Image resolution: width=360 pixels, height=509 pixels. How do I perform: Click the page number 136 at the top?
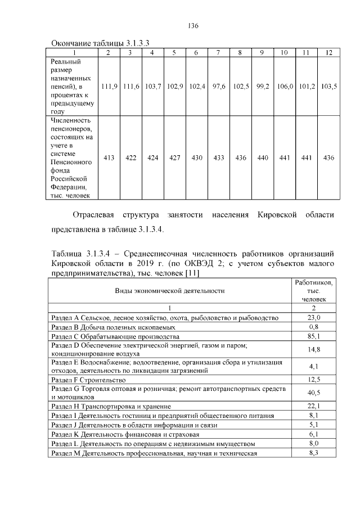(x=193, y=26)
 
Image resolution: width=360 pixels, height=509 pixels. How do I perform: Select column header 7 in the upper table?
(x=218, y=52)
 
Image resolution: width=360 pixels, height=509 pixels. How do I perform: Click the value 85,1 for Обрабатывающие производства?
(x=314, y=336)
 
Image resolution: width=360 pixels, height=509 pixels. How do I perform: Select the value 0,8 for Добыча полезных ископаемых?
(x=314, y=327)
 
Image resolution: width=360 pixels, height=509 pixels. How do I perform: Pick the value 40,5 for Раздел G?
(x=314, y=393)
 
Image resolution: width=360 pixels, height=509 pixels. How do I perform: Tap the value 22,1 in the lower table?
(x=314, y=406)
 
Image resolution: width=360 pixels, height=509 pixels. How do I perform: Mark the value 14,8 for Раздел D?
(x=314, y=350)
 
